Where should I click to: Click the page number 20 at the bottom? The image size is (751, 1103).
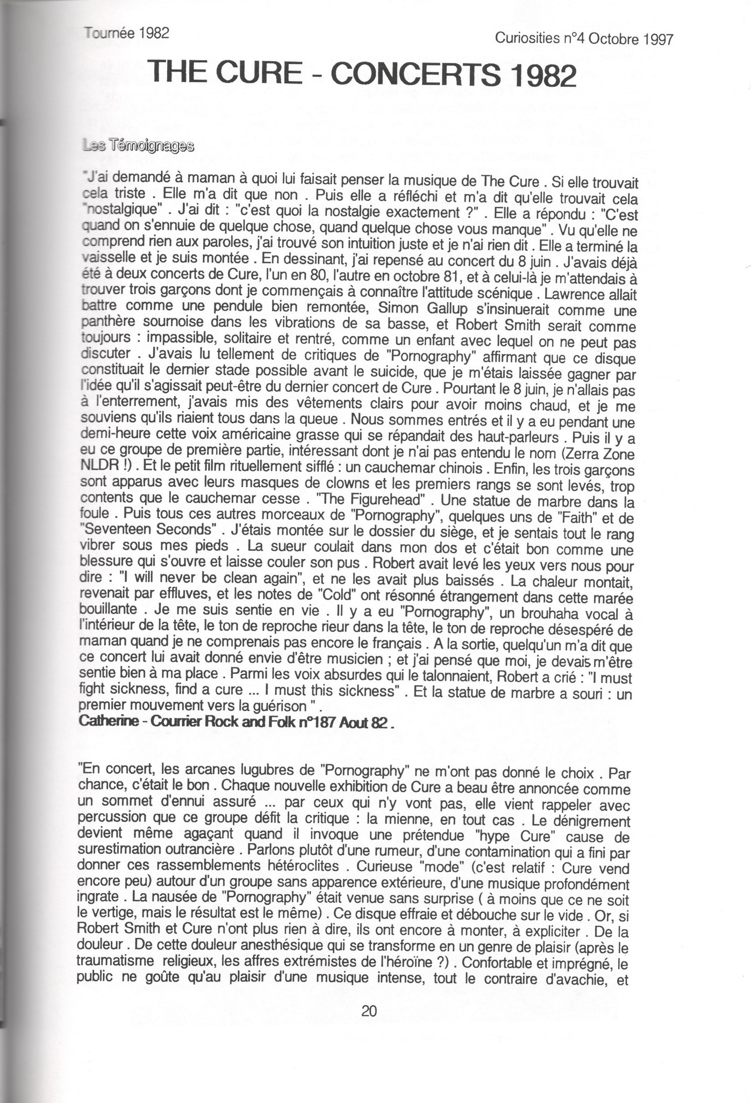point(369,1011)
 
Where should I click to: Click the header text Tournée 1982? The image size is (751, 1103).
point(127,33)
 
